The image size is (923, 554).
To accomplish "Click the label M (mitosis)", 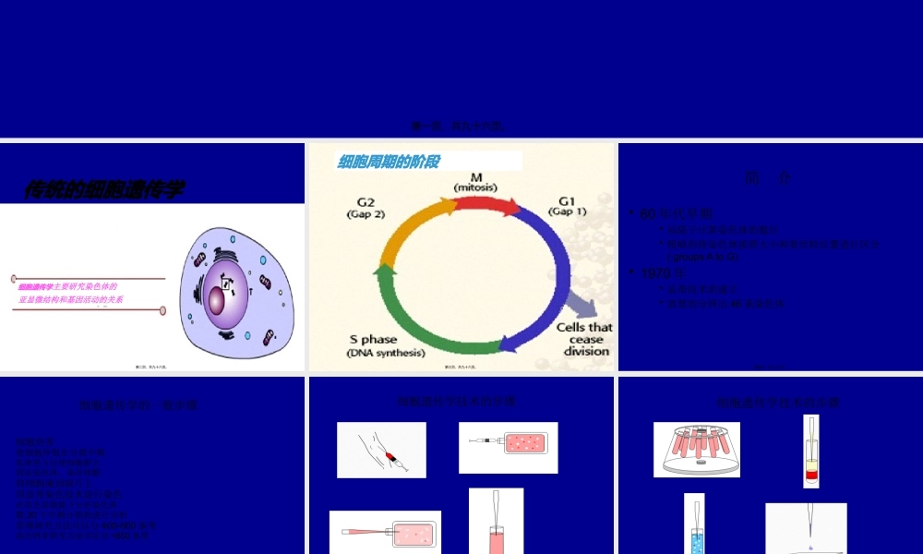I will (476, 182).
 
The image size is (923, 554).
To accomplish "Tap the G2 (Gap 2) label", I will (366, 208).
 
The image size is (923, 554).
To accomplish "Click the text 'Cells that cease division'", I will (584, 339).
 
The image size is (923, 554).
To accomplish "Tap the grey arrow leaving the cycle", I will (580, 304).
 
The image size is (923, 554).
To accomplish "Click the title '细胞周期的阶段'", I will (389, 163).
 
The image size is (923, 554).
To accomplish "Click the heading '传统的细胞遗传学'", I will (103, 190).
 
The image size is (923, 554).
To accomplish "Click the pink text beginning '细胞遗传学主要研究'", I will (70, 293).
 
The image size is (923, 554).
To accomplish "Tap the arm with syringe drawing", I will (381, 450).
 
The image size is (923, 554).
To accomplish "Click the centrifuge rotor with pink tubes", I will (697, 450).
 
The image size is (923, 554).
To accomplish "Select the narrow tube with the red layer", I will (811, 452).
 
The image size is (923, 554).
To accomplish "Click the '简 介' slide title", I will (767, 179).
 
